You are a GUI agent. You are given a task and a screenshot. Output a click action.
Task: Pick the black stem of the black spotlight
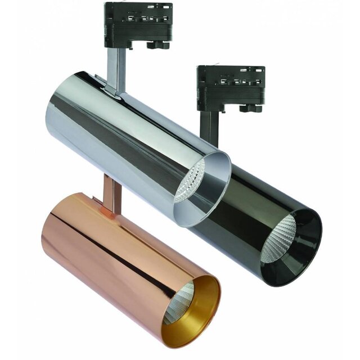(x=206, y=127)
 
